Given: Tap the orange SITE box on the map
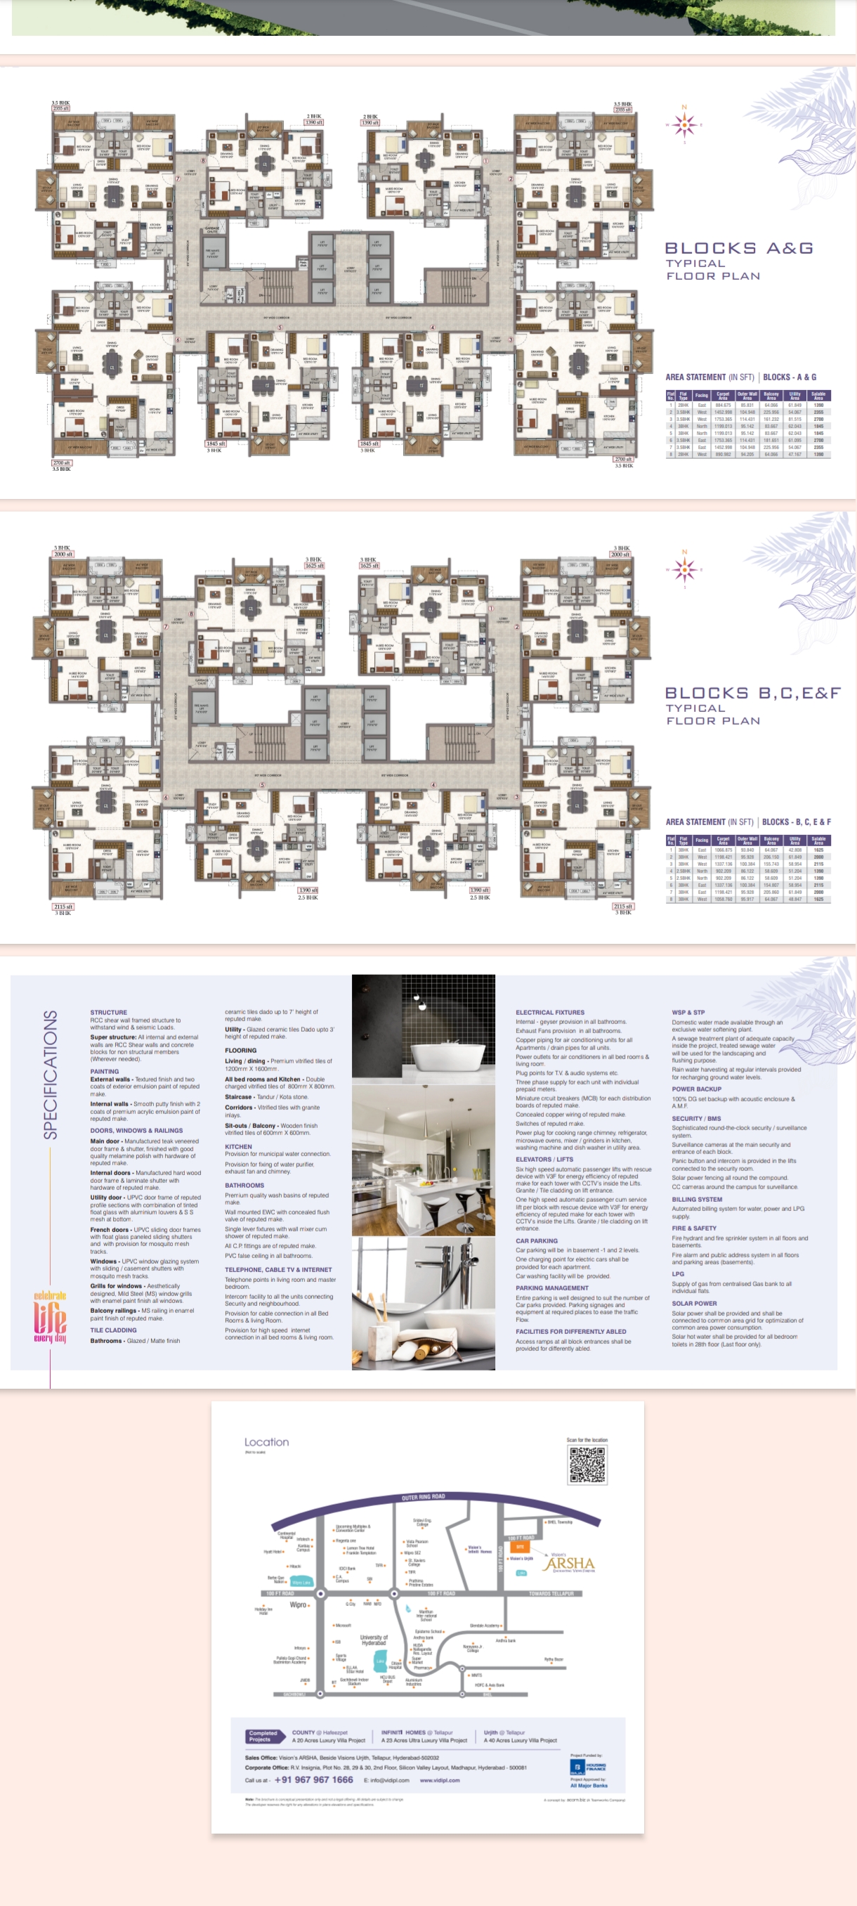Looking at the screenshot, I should tap(520, 1547).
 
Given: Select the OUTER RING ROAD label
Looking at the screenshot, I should tap(423, 1496).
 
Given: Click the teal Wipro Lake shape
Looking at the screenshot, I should tap(301, 1582).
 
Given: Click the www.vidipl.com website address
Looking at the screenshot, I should tap(439, 1781).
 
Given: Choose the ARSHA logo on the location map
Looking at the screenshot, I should tap(568, 1564).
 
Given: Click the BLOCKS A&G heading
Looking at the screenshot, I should tap(739, 249).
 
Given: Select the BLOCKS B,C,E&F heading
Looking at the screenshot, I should tap(752, 693).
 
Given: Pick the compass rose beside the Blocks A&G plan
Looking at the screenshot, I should tap(684, 124).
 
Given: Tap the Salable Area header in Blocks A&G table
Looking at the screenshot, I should tap(818, 396).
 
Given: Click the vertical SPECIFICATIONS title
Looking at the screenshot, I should tap(51, 1075).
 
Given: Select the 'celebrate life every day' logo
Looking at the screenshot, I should tap(50, 1318).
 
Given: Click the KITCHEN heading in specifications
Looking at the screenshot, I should tap(238, 1146).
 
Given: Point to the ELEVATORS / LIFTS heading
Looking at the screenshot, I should tap(544, 1160).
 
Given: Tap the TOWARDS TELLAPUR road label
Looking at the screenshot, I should tap(552, 1594).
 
